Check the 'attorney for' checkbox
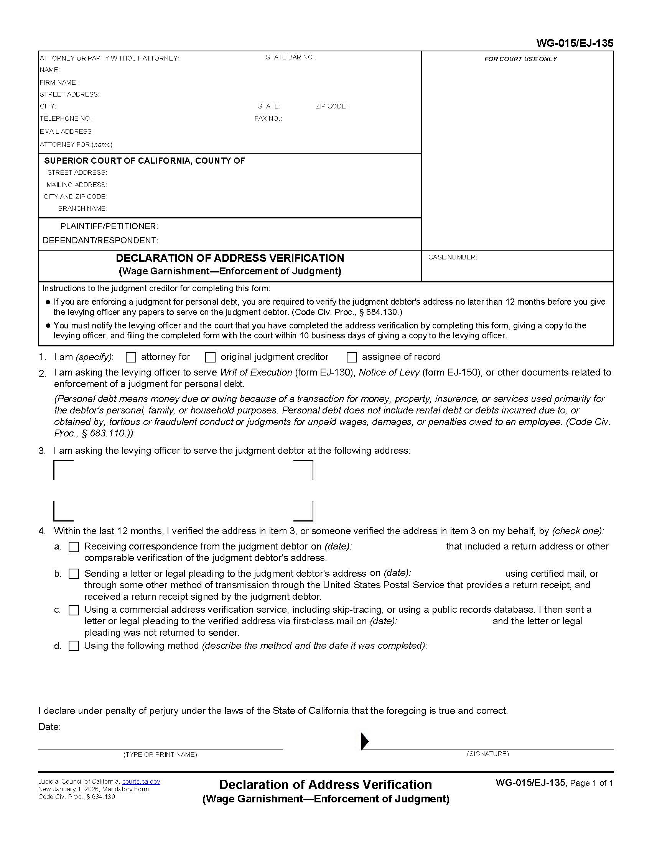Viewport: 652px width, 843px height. coord(131,358)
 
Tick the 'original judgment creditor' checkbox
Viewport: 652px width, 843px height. coord(210,358)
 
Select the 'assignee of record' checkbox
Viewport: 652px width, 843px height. coord(351,358)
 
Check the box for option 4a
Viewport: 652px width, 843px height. coord(74,547)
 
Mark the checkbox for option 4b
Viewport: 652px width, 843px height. coord(74,574)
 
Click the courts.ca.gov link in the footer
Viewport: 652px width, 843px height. coord(141,782)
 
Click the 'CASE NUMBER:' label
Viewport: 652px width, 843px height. coord(452,257)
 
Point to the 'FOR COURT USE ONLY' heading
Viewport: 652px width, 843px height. coord(520,59)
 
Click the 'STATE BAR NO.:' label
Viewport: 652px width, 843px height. coord(290,57)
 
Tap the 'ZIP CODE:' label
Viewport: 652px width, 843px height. coord(331,106)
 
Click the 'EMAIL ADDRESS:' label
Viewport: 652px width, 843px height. coord(66,131)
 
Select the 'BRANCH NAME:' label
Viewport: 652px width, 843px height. coord(83,208)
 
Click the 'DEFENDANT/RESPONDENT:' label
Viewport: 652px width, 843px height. coord(100,241)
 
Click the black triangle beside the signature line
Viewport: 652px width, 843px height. coord(365,741)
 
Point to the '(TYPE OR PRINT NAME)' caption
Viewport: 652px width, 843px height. coord(160,754)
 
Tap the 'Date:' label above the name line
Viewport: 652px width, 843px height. coord(49,727)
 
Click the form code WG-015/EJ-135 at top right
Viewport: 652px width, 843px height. coord(575,43)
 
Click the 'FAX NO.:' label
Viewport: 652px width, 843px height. coord(268,118)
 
